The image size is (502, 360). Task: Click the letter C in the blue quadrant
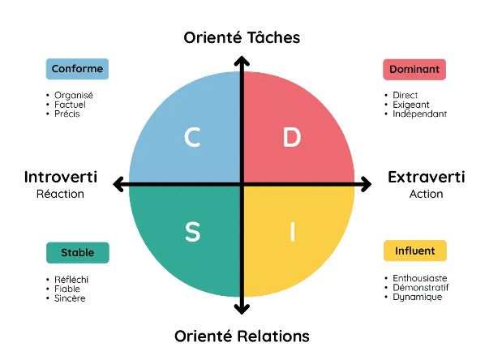[192, 138]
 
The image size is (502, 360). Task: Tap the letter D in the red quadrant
[292, 138]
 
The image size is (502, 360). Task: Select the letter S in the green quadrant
[192, 232]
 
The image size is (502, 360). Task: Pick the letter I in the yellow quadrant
[292, 232]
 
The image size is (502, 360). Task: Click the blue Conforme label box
[77, 69]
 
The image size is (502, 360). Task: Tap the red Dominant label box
[414, 70]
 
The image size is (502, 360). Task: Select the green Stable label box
[77, 252]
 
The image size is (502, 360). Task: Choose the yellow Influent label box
[414, 251]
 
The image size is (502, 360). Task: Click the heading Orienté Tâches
[242, 37]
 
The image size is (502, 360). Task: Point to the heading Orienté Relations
[242, 336]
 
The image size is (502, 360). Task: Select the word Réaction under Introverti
[61, 195]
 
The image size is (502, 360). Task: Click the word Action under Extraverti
[426, 195]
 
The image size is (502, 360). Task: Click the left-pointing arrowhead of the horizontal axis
[118, 185]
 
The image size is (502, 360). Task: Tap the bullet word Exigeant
[410, 105]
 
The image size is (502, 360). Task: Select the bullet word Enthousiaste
[420, 278]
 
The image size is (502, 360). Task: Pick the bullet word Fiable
[67, 289]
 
